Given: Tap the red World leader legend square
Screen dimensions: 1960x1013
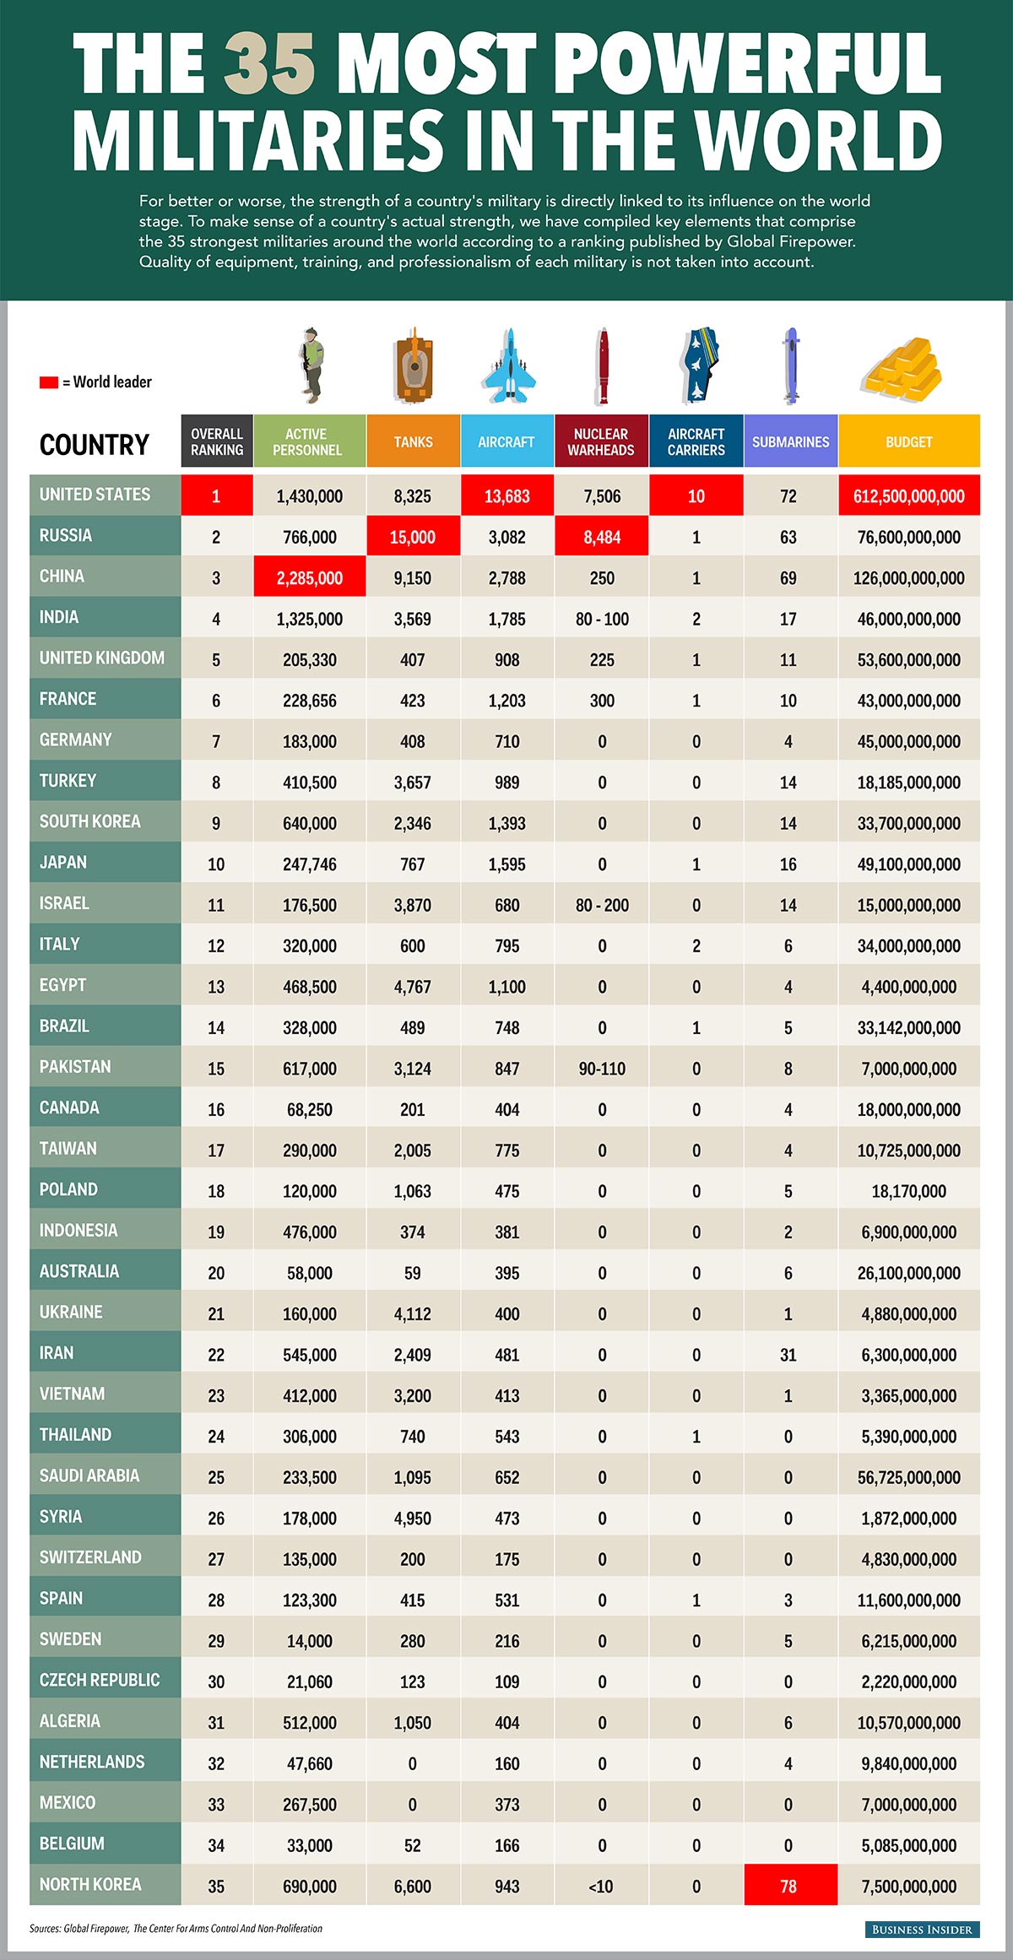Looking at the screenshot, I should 48,382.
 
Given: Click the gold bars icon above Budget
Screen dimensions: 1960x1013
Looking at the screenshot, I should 902,369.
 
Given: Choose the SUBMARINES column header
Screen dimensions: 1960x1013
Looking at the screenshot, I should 790,441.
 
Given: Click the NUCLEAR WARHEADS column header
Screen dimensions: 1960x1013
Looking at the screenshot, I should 601,441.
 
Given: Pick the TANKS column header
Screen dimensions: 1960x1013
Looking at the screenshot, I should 413,441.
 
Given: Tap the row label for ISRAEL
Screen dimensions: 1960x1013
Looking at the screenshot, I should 64,903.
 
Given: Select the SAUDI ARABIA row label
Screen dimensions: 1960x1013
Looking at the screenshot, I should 89,1475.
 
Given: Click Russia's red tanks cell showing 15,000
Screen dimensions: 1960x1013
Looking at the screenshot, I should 413,537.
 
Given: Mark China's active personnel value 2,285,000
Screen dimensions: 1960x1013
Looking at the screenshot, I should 310,578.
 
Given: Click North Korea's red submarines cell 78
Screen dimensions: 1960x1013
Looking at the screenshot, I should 789,1887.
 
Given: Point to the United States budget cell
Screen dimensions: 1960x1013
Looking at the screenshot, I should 909,496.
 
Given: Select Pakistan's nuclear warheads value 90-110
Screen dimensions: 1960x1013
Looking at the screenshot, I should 602,1069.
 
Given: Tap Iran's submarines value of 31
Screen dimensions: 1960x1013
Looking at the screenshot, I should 788,1355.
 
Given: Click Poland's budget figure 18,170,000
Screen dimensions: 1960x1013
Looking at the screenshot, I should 909,1191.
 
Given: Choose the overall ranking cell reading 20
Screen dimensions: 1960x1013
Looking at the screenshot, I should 216,1273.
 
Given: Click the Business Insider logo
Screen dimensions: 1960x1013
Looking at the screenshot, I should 922,1929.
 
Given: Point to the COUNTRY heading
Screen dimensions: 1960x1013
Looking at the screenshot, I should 95,445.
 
